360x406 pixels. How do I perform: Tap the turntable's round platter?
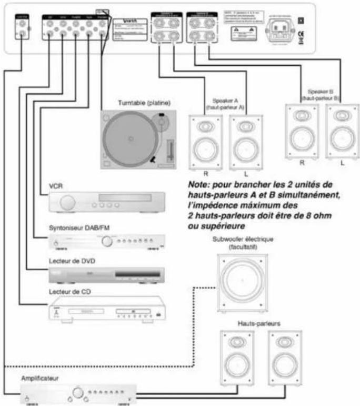pyautogui.click(x=129, y=138)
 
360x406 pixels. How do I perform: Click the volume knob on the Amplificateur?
pyautogui.click(x=78, y=392)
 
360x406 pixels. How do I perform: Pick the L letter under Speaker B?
pyautogui.click(x=342, y=163)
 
